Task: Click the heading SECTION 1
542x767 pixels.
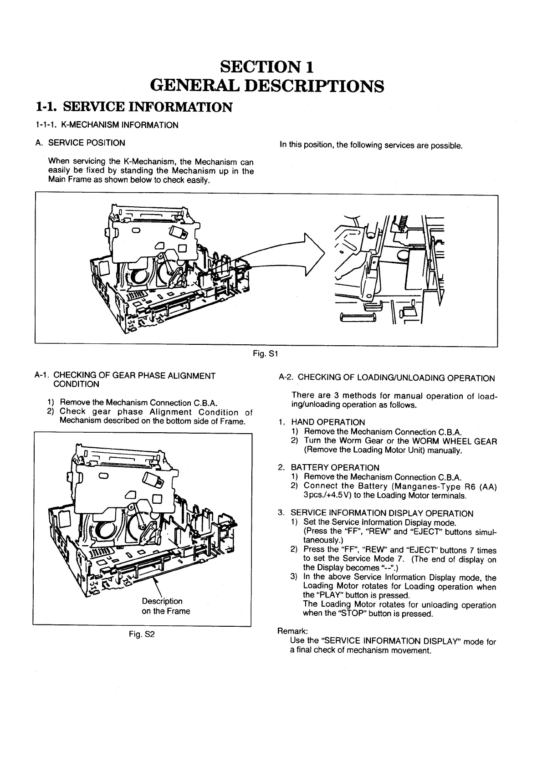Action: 267,67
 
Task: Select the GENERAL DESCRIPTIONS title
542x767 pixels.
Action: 267,86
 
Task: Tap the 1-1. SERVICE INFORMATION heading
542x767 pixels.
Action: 134,107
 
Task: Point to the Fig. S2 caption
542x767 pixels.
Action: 143,634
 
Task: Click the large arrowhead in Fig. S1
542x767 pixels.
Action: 314,254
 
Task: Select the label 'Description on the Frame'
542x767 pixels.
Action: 165,606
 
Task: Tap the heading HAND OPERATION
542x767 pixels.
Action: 328,422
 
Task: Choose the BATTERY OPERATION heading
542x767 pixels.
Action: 335,467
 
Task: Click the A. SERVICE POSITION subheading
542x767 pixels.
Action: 80,143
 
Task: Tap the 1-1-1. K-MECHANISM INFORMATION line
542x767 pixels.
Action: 107,125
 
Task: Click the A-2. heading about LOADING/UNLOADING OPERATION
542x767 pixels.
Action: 386,378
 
